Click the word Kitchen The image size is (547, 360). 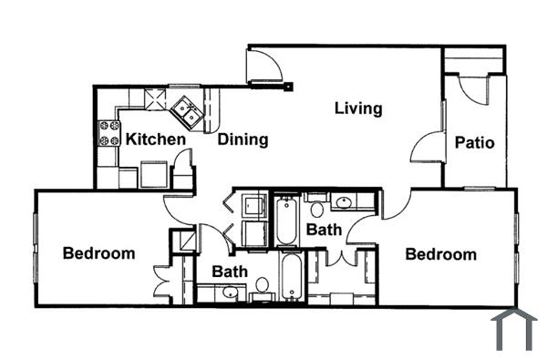click(156, 139)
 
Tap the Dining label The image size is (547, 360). click(243, 139)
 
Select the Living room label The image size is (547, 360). click(358, 109)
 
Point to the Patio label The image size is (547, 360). click(474, 142)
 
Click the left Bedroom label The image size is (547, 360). click(98, 252)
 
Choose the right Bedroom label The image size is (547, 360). click(440, 254)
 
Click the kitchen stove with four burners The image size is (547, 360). click(109, 134)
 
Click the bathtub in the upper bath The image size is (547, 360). click(285, 221)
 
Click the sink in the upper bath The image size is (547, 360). click(346, 202)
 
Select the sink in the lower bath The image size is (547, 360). click(231, 293)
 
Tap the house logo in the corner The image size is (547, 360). click(513, 330)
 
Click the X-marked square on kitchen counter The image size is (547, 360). click(156, 98)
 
